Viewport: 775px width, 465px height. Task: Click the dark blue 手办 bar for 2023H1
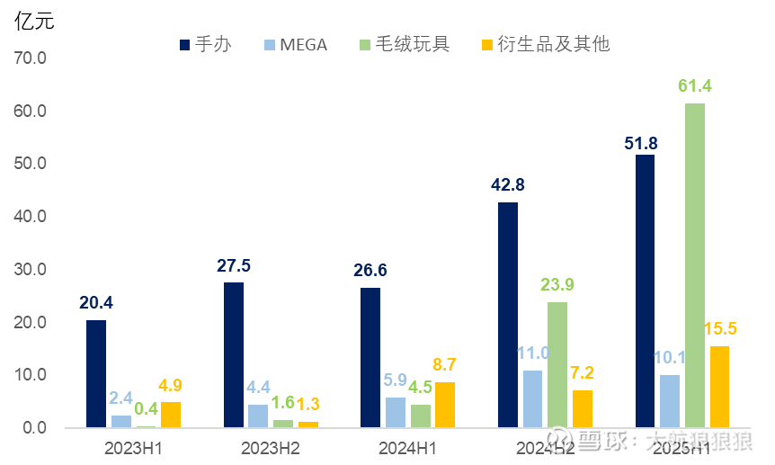click(96, 373)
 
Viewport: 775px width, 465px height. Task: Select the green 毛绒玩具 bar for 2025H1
click(695, 265)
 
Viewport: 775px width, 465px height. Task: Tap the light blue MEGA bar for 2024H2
click(533, 398)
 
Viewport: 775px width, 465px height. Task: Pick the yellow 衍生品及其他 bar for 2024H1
click(445, 405)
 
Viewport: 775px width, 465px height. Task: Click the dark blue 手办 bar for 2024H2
click(508, 315)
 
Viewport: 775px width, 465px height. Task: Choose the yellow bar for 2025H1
click(719, 387)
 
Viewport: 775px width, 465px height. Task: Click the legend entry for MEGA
click(296, 44)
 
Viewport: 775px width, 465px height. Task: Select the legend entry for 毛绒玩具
click(404, 44)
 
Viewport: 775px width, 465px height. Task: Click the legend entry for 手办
click(206, 44)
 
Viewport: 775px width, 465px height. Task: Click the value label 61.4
click(695, 87)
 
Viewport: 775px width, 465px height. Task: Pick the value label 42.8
click(508, 185)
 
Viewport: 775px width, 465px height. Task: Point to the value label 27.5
click(234, 266)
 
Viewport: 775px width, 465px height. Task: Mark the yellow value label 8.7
click(446, 365)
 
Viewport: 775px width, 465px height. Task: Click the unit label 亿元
click(34, 22)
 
